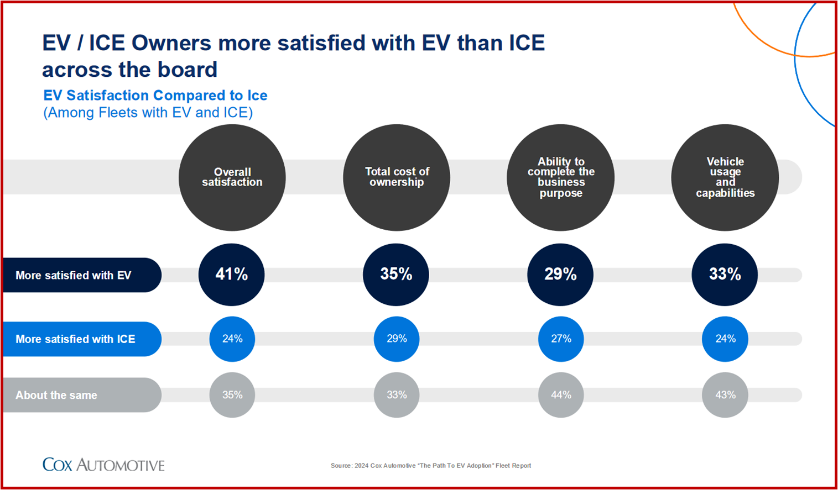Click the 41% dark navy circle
click(231, 275)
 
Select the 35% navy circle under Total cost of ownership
click(396, 275)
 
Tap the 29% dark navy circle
click(560, 275)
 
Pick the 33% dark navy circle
click(725, 275)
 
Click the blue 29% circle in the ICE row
click(397, 339)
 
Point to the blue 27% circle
click(561, 339)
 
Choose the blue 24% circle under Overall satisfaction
click(232, 339)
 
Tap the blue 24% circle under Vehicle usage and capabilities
click(725, 339)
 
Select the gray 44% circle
click(561, 395)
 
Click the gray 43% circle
click(725, 395)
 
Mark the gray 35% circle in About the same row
click(232, 395)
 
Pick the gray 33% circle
click(397, 395)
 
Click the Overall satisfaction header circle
click(232, 177)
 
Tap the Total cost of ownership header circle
click(397, 177)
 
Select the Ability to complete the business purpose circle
click(561, 177)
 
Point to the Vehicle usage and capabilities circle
click(725, 177)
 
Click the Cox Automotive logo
click(103, 465)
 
